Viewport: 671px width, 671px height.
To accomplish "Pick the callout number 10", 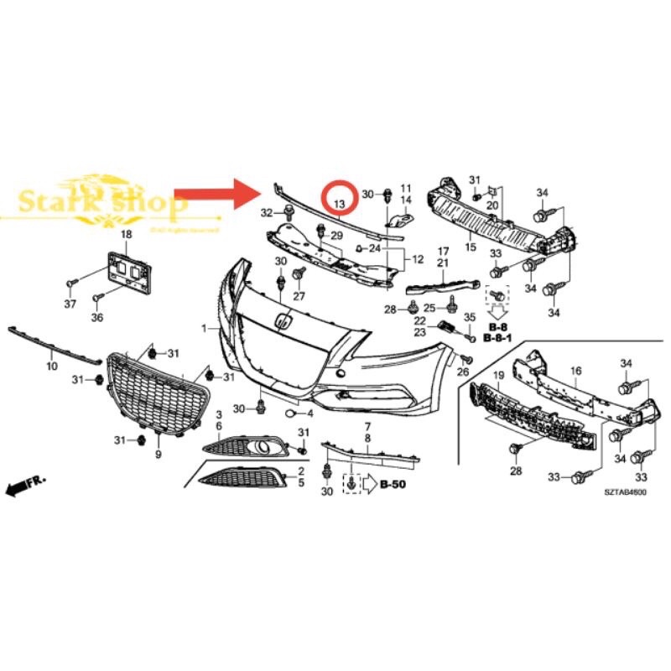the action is pyautogui.click(x=51, y=367).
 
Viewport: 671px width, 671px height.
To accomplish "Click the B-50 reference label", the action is pyautogui.click(x=393, y=484).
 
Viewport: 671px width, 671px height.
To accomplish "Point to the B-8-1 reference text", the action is pyautogui.click(x=499, y=337).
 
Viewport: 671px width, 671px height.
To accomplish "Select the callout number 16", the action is pyautogui.click(x=575, y=370).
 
